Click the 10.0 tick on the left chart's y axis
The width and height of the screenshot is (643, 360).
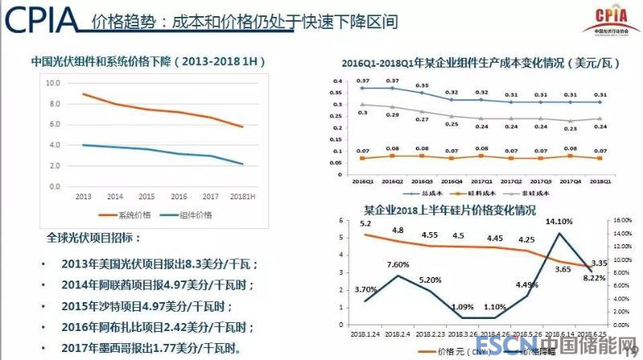(x=53, y=84)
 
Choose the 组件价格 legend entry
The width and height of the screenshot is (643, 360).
(x=190, y=215)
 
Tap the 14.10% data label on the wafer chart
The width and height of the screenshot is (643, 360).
(x=559, y=223)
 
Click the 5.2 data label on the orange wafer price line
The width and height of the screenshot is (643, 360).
(x=365, y=224)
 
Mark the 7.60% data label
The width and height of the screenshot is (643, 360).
(x=398, y=265)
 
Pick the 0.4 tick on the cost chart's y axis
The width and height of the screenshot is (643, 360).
(x=338, y=81)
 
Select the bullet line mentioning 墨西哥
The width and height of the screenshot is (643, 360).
(x=149, y=348)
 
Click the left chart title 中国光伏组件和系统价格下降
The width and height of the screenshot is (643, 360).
(x=148, y=61)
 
